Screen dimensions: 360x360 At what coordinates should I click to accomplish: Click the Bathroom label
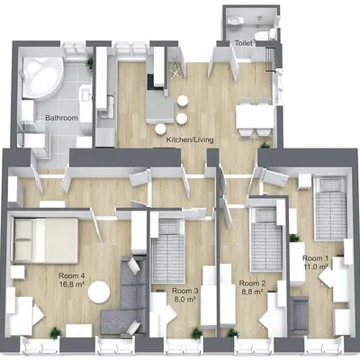click(61, 118)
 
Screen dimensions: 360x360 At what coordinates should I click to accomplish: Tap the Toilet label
click(243, 42)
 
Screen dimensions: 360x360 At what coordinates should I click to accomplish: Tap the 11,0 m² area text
click(316, 268)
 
